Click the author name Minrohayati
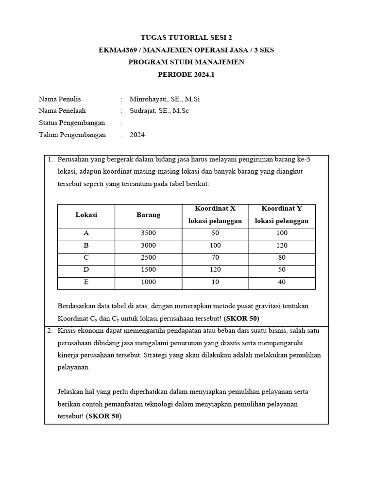tap(149, 99)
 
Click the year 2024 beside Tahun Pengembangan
tap(137, 135)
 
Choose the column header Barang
tap(148, 215)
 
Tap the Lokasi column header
tap(86, 215)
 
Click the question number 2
tap(50, 331)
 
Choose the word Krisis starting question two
tap(67, 331)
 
